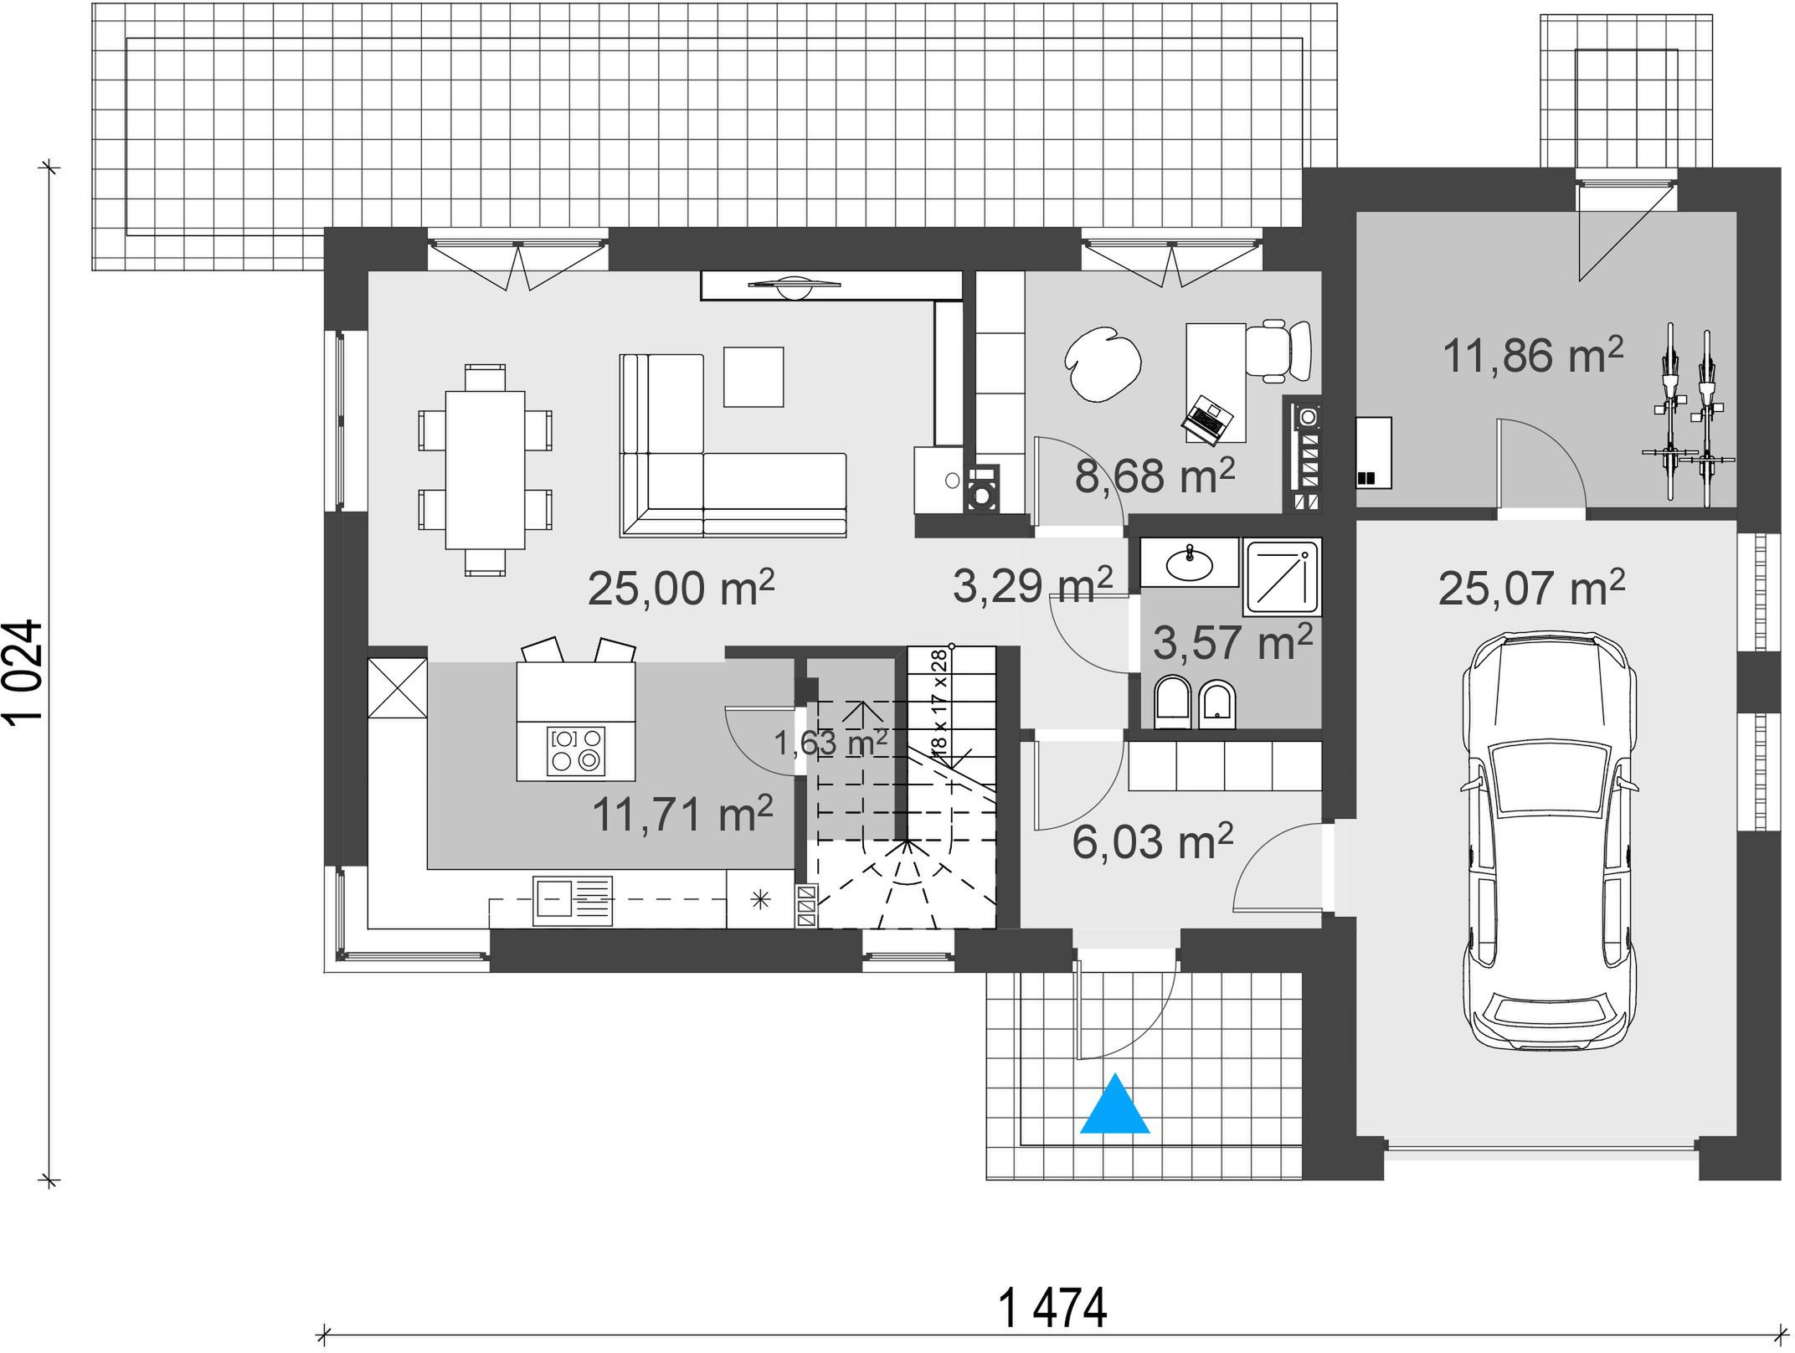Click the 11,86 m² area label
tap(1533, 355)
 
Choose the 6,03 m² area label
tap(1152, 841)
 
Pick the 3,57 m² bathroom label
tap(1232, 642)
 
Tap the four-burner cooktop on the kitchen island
tap(576, 749)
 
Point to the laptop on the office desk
tap(1210, 418)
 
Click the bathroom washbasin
tap(1189, 562)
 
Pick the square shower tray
tap(1283, 576)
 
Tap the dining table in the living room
tap(486, 470)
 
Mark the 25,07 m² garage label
tap(1531, 588)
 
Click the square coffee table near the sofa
tap(753, 377)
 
